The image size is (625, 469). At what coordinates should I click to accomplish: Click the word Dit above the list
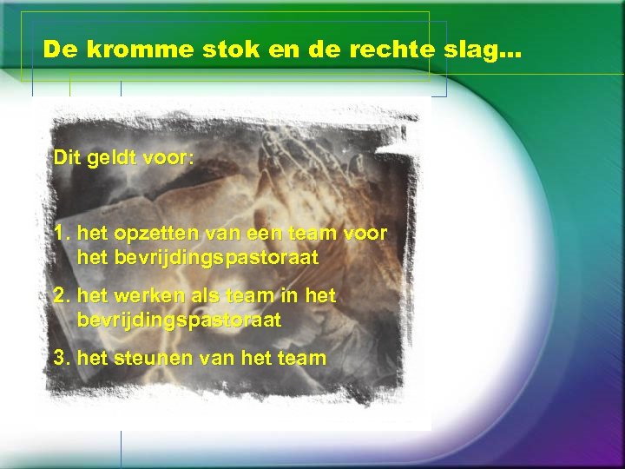point(66,159)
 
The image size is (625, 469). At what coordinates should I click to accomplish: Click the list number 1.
point(60,234)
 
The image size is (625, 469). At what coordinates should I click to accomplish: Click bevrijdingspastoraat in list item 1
point(198,258)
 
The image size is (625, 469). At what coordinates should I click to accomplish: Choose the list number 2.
point(60,296)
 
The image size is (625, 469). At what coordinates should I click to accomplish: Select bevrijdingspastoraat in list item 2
point(179,320)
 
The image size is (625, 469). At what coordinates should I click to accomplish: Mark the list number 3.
point(60,357)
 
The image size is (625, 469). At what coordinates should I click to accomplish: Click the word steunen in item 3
point(142,357)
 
